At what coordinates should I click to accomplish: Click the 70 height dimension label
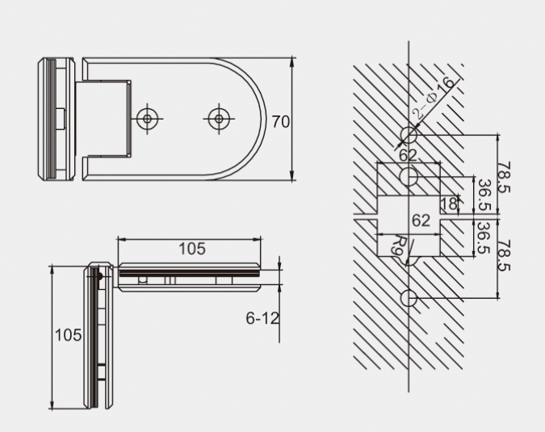click(x=280, y=122)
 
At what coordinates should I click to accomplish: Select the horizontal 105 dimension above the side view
click(x=192, y=249)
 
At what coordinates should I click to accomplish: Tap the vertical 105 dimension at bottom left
click(x=68, y=335)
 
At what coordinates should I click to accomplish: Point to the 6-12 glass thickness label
click(x=262, y=318)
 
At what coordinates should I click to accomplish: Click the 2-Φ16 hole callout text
click(x=433, y=99)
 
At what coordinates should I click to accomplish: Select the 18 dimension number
click(x=448, y=203)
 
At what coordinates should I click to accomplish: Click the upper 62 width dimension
click(x=408, y=155)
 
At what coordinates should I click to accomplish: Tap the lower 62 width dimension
click(x=421, y=220)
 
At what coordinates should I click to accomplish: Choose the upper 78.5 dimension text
click(x=504, y=178)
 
